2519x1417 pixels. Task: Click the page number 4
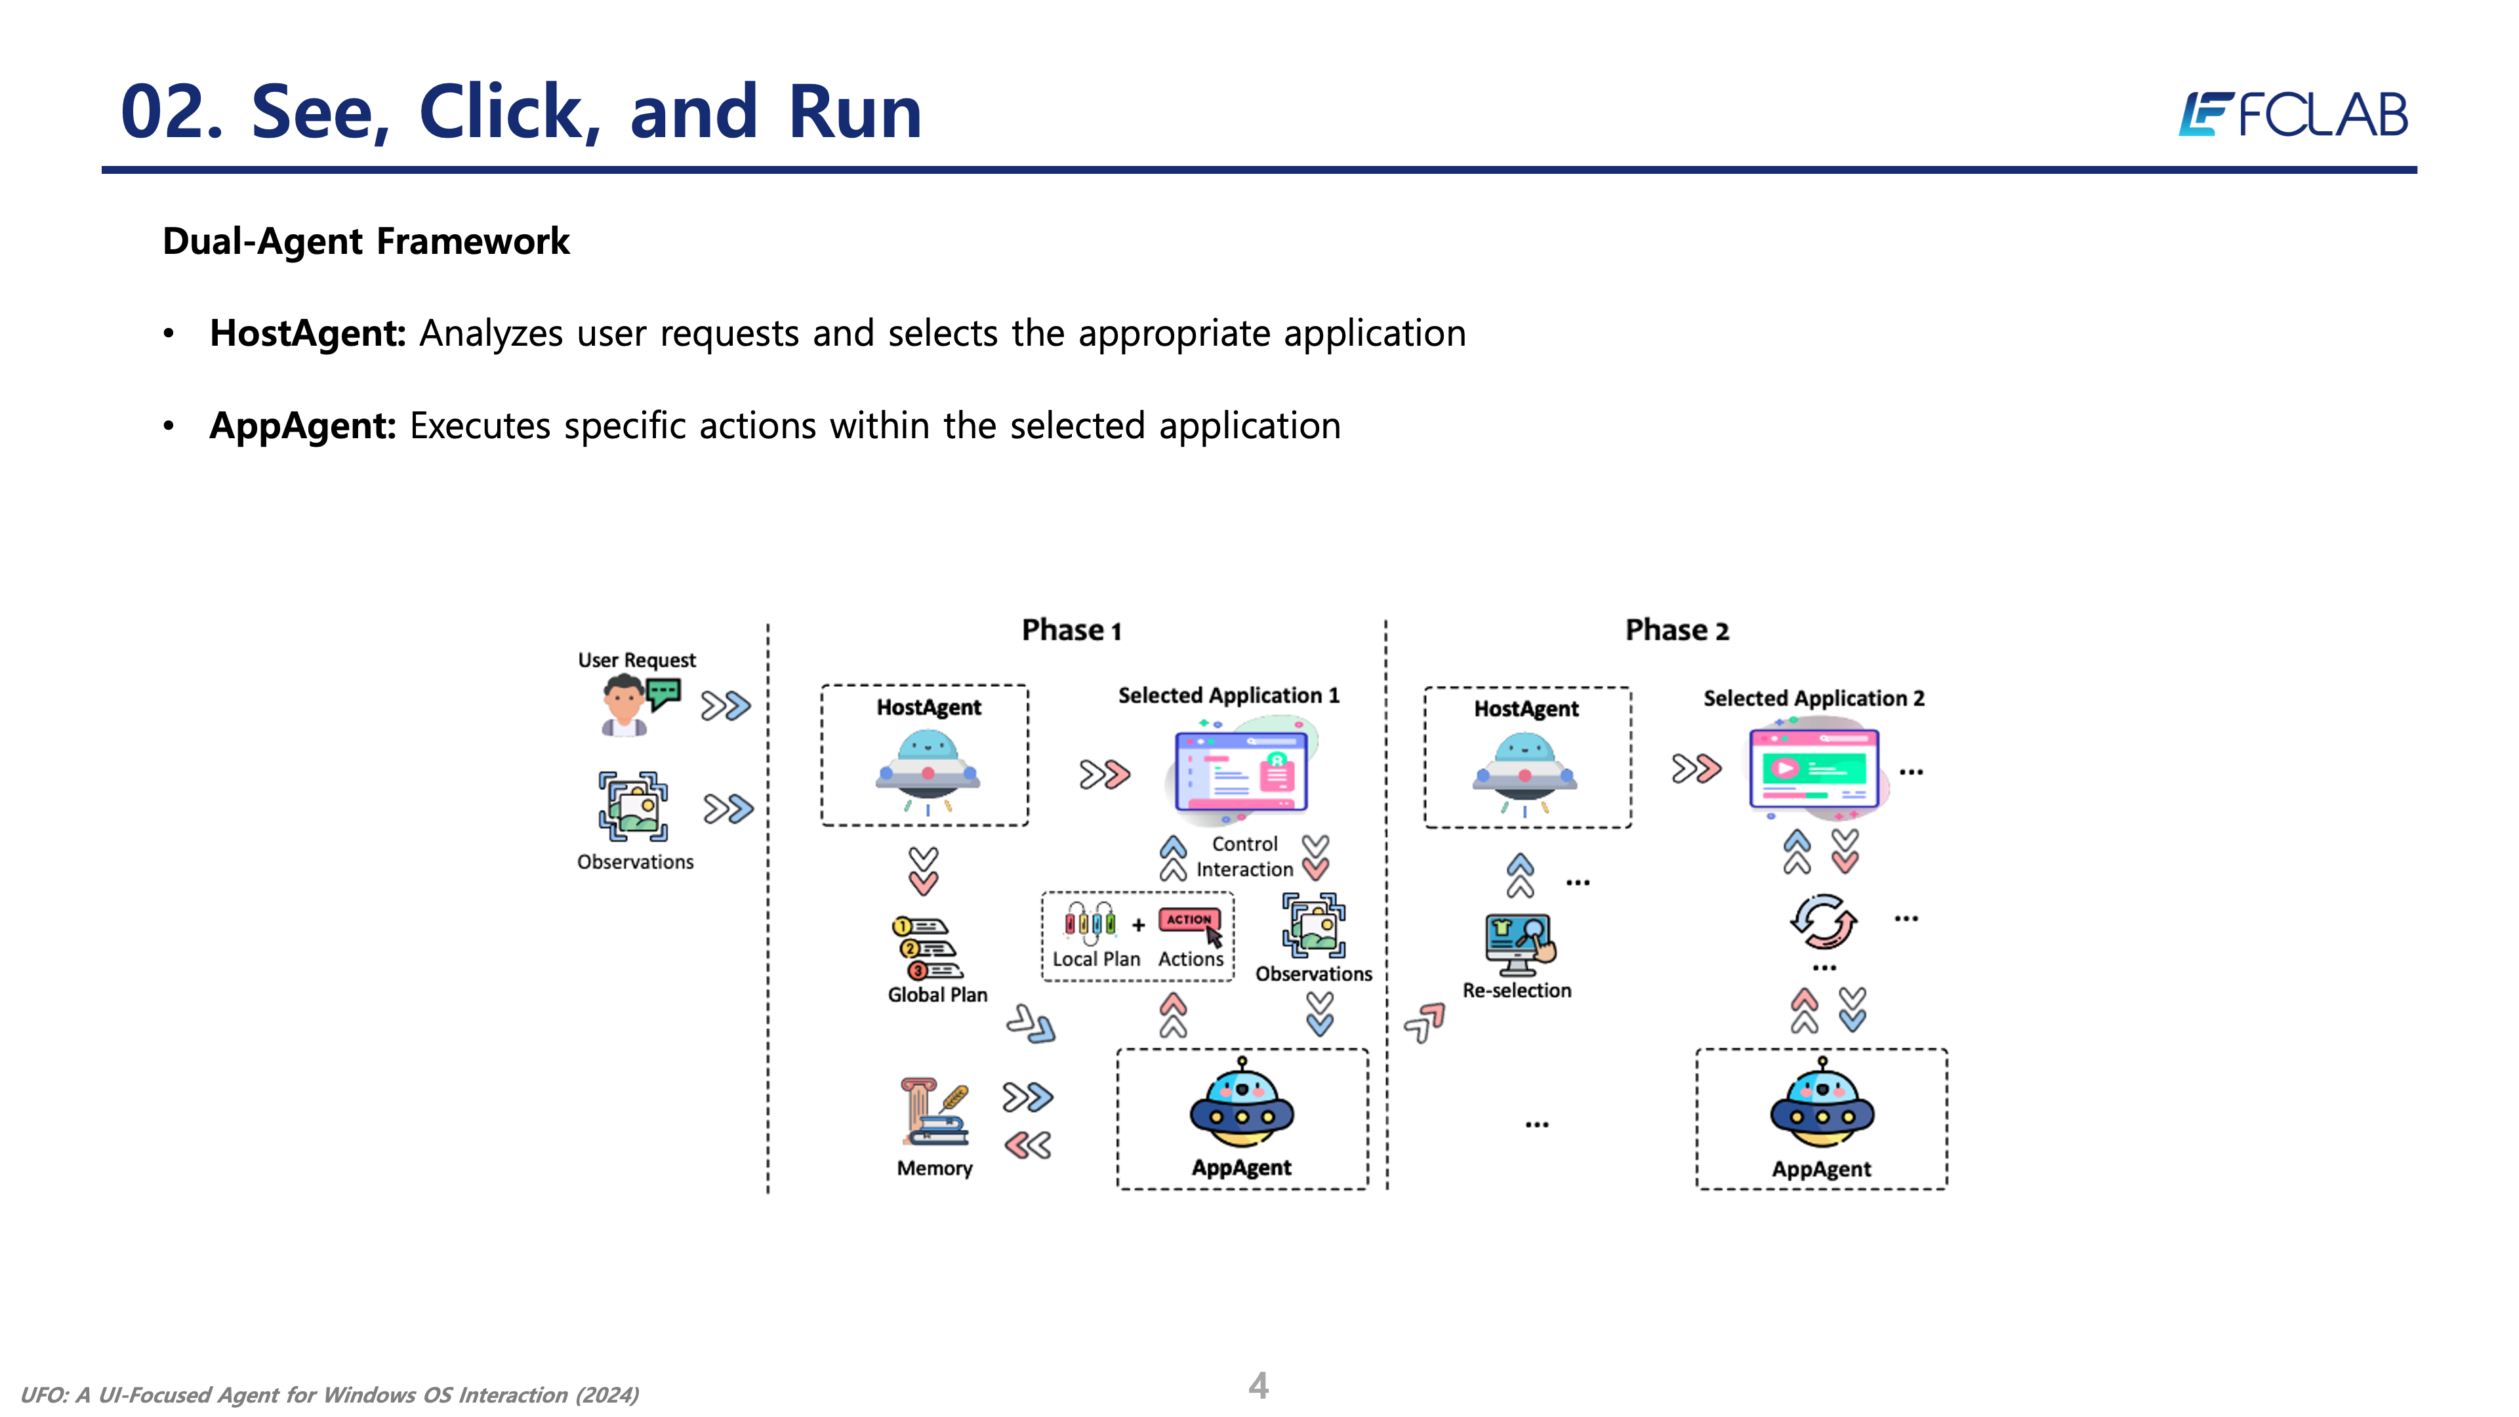[1259, 1385]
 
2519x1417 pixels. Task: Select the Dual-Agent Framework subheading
[366, 241]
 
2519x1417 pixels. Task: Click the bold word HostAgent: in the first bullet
[307, 333]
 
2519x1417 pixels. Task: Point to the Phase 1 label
[1071, 630]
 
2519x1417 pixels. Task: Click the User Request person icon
[626, 704]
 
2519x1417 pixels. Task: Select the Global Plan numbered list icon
[927, 947]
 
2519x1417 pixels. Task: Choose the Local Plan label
[1096, 959]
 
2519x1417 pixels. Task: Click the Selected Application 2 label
[1814, 698]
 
